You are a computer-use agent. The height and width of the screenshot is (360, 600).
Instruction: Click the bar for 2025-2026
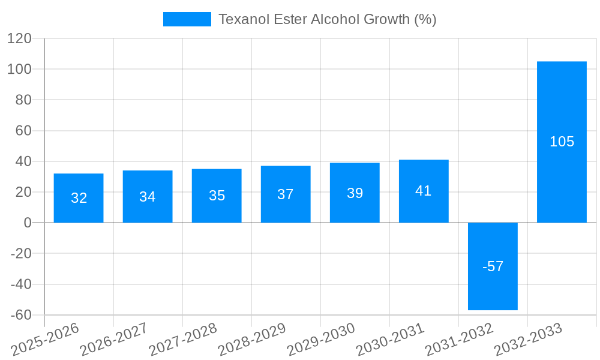coord(79,210)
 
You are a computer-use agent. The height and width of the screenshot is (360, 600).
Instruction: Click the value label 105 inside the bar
coord(562,142)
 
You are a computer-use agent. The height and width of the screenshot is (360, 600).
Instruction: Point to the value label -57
coord(493,266)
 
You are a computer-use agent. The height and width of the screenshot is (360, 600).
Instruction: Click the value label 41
coord(424,191)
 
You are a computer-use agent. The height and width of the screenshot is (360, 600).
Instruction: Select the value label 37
coord(286,194)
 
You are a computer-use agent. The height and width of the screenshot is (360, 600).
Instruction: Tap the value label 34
coord(148,196)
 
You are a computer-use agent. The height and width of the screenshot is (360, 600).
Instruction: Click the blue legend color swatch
coord(187,19)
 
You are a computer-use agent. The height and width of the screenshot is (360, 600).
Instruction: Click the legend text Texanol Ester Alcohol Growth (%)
coord(327,19)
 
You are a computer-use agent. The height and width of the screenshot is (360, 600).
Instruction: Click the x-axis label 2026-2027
coord(113,339)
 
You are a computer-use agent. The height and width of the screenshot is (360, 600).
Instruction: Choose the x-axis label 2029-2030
coord(320,339)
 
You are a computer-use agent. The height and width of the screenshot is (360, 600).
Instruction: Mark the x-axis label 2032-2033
coord(527,339)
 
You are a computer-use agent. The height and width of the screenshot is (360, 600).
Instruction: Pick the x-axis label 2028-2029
coord(251,339)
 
